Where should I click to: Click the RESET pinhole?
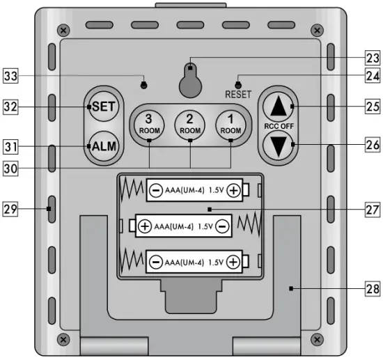pos(237,84)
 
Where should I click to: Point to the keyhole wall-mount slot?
pos(189,79)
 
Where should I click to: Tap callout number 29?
pos(10,208)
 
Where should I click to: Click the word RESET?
pos(237,95)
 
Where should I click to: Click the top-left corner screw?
pos(63,30)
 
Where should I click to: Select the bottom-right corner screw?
pos(318,339)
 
